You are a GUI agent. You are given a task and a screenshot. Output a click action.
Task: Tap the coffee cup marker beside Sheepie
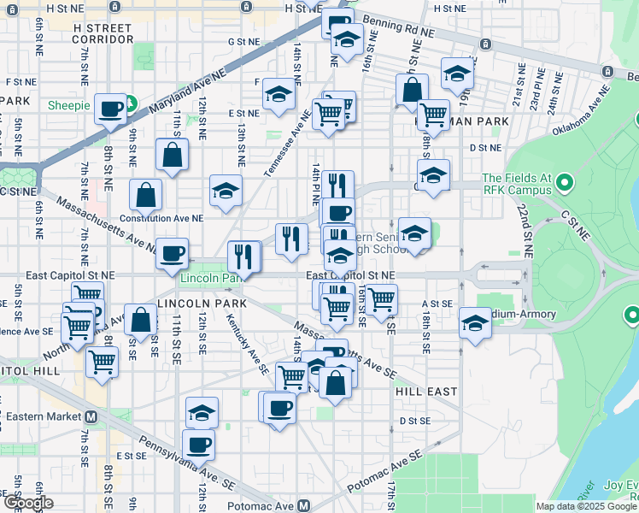click(110, 109)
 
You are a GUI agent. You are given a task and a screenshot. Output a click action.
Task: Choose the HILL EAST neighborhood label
click(426, 390)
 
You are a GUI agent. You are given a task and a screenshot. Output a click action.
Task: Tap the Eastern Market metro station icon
click(91, 416)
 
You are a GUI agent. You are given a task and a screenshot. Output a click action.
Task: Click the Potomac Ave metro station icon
click(304, 505)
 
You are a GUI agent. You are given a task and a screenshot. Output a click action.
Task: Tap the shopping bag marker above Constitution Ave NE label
click(146, 196)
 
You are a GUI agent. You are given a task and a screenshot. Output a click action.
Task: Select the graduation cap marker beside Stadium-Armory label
click(475, 322)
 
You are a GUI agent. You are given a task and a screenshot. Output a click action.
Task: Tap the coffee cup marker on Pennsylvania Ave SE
click(198, 445)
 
